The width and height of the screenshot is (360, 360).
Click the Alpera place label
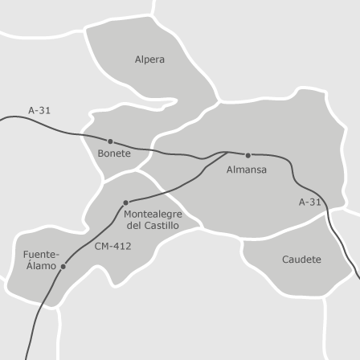coord(149,59)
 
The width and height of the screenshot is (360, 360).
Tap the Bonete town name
coord(114,153)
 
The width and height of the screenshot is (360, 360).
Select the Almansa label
coord(247,170)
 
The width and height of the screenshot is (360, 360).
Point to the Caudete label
coord(301,260)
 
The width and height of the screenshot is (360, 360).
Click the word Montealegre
coord(153,215)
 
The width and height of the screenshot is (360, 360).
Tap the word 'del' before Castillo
coord(134,226)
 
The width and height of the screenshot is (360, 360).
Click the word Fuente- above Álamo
coord(41,255)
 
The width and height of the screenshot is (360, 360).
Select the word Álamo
coord(41,265)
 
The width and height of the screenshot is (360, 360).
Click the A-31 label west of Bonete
coord(39,110)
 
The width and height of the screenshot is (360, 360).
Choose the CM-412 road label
coord(112,246)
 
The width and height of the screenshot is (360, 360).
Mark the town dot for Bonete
coord(111,141)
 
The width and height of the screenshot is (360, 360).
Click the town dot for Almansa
coord(247,155)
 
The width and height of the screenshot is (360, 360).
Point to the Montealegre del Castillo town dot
coord(125,202)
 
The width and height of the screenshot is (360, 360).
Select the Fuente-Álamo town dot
coord(63,266)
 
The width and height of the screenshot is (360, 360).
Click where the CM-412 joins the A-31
coord(227,151)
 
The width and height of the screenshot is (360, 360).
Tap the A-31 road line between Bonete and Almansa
coord(177,153)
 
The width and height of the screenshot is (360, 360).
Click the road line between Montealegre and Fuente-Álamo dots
coord(94,235)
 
